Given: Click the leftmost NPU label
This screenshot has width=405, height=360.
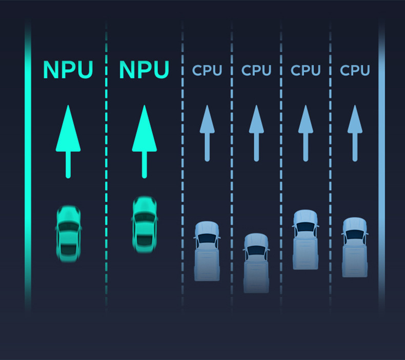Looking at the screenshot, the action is [x=68, y=70].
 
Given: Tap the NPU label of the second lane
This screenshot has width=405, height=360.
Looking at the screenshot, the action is [x=144, y=70].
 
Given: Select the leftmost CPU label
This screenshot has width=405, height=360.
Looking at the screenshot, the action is [x=207, y=70].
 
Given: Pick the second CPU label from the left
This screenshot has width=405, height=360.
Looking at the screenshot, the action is [x=256, y=70].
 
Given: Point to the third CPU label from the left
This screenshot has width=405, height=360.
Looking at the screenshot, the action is [x=306, y=70].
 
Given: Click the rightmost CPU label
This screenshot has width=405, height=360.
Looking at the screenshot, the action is [x=355, y=70].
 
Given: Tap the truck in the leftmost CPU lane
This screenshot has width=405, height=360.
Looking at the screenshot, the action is [x=207, y=251].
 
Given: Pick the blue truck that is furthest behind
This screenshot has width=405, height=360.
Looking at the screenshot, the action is [x=256, y=263].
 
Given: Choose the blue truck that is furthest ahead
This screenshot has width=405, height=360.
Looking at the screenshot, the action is [x=306, y=239].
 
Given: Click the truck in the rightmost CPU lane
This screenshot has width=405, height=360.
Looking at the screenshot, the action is [x=355, y=247].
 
